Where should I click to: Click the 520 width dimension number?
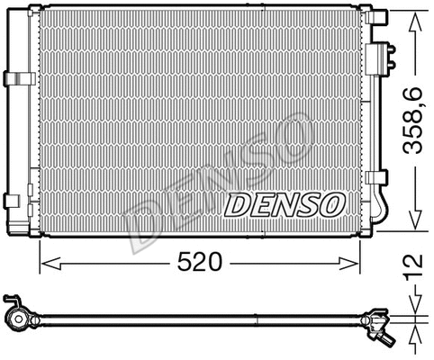199,263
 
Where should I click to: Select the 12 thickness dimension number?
413,266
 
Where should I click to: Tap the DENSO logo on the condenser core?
282,205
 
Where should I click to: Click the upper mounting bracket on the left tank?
14,78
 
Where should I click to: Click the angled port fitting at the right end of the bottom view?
384,335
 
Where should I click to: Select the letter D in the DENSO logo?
237,205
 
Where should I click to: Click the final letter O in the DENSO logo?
330,205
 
